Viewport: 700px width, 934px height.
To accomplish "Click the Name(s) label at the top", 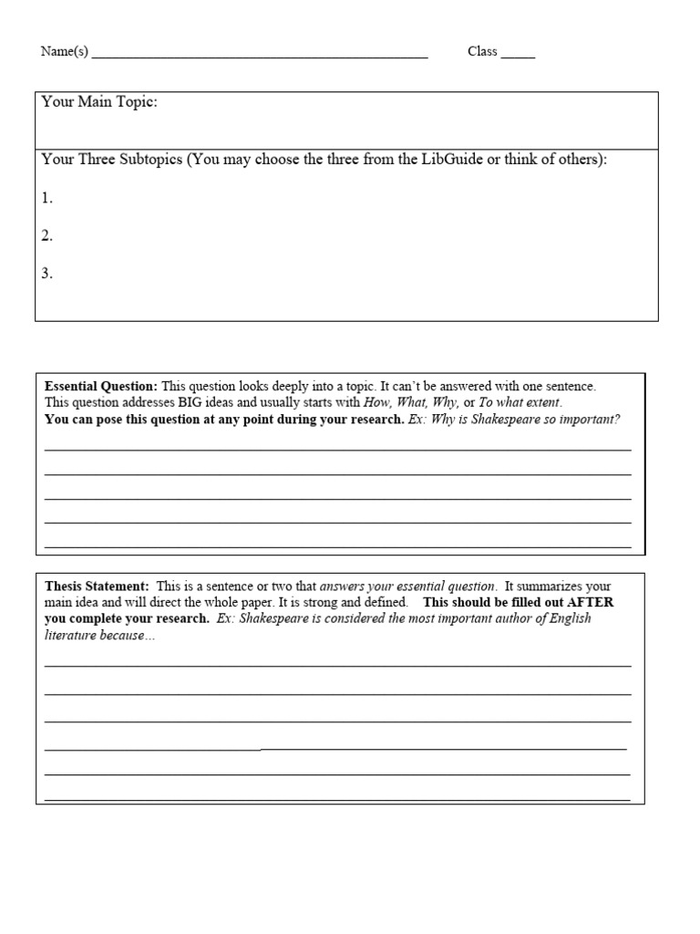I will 64,52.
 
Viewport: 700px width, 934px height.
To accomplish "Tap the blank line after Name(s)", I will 260,57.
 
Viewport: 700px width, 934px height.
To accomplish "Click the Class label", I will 482,52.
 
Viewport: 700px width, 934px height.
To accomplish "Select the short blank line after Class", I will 518,57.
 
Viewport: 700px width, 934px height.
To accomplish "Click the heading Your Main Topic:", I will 99,102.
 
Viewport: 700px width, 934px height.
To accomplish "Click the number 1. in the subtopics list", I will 47,198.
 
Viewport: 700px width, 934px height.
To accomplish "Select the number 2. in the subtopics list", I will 47,236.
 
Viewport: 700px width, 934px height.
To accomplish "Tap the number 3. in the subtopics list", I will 47,274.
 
